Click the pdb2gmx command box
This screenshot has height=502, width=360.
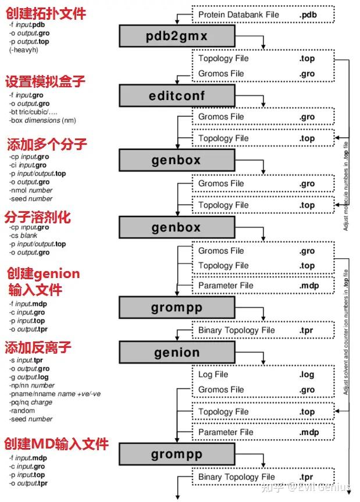[x=177, y=37]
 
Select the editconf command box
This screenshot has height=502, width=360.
[x=177, y=95]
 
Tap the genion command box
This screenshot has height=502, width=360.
[x=177, y=353]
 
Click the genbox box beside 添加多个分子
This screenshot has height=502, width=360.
[x=177, y=159]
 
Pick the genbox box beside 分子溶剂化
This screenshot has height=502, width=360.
[x=177, y=227]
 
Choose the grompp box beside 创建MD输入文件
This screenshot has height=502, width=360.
[x=177, y=454]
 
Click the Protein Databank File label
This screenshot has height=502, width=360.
[x=238, y=15]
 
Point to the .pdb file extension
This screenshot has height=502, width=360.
[x=308, y=15]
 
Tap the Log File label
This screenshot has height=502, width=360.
[x=213, y=374]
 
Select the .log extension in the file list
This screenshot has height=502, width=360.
[x=307, y=375]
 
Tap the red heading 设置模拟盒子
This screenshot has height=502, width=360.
[x=45, y=81]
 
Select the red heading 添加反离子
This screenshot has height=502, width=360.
[x=38, y=347]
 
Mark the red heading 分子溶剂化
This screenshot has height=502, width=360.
[x=38, y=216]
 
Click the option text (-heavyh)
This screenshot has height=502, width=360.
[x=24, y=51]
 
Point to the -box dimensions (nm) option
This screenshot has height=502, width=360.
[x=42, y=120]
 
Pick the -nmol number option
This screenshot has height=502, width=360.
[x=31, y=190]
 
